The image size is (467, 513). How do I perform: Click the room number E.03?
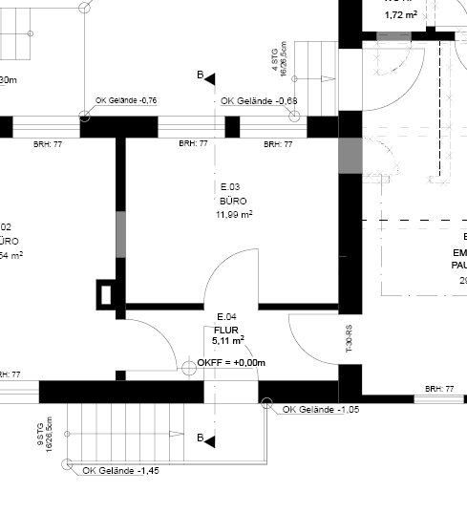pos(229,186)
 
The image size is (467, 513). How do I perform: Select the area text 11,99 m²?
pos(234,215)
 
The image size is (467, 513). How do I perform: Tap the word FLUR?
pos(225,329)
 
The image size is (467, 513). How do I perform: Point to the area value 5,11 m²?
pos(228,339)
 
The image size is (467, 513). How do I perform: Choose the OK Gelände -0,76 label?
pos(126,100)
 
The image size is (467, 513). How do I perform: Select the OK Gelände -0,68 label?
pos(252,100)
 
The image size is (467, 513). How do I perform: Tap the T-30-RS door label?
pos(350,339)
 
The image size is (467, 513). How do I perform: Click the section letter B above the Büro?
pos(200,75)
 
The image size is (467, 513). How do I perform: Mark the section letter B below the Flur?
pos(200,438)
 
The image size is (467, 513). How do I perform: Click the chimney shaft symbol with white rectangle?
pos(106,294)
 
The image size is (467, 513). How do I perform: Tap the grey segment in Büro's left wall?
pos(121,234)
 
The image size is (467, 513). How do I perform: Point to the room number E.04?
pos(226,316)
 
